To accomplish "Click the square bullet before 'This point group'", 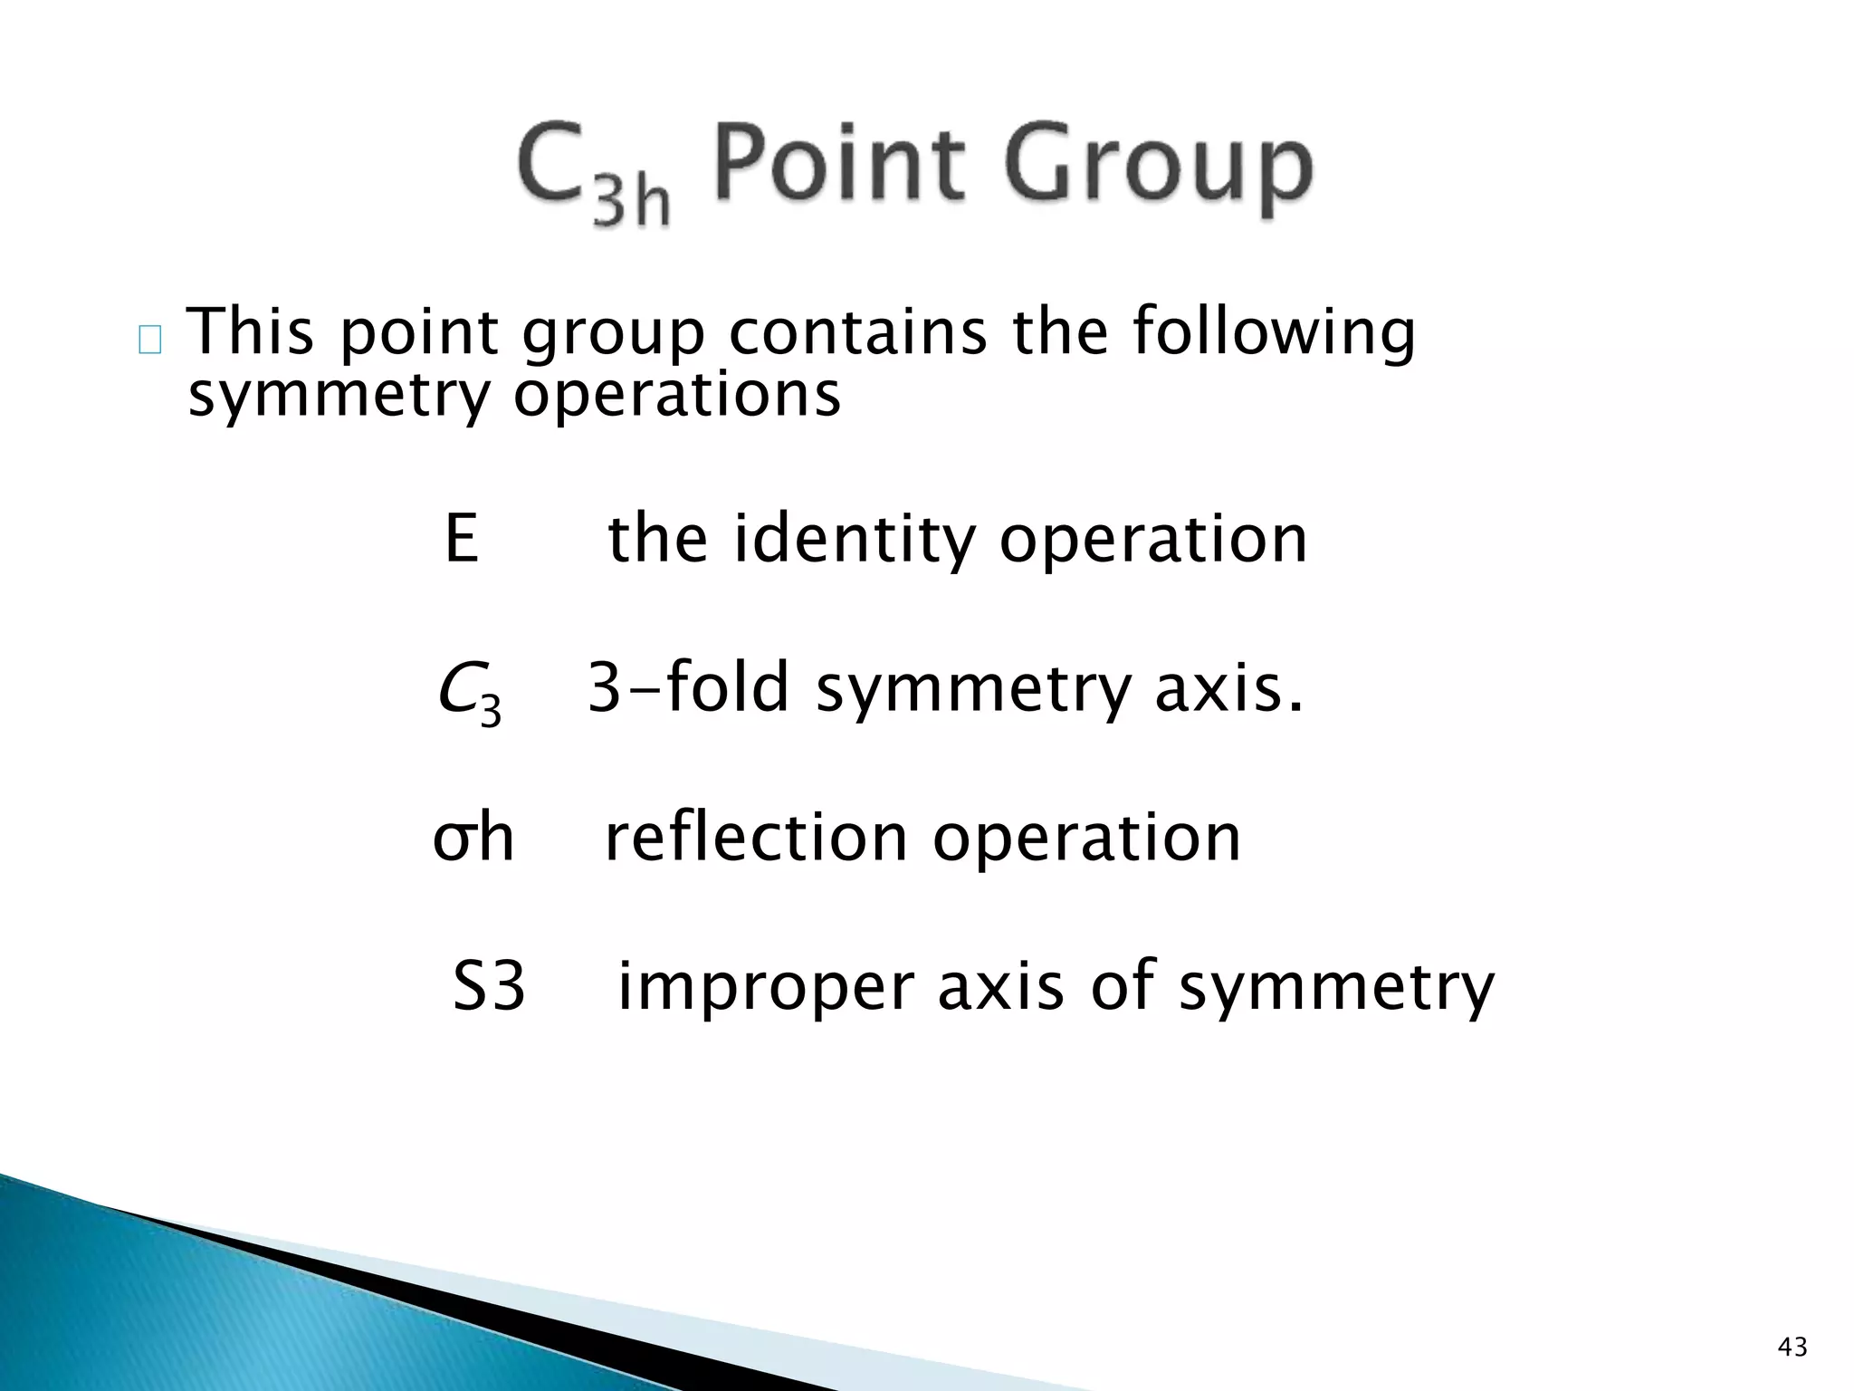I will pos(150,341).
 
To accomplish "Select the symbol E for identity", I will pos(462,540).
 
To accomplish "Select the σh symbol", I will pos(473,838).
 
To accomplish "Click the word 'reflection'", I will pos(756,838).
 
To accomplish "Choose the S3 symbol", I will pos(489,986).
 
